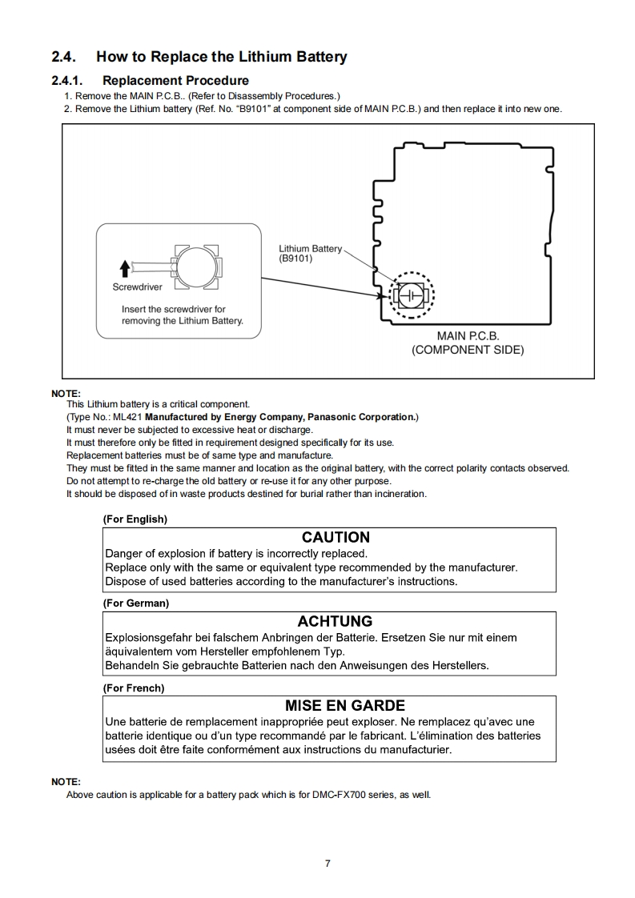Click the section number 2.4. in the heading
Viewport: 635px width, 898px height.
[65, 57]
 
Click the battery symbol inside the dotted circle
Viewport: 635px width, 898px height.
[412, 295]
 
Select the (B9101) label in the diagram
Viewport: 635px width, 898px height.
[295, 259]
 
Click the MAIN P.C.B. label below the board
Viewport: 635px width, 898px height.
[468, 336]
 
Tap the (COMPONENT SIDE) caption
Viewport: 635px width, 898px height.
[468, 350]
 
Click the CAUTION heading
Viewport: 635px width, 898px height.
[336, 537]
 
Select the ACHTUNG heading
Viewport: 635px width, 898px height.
[335, 621]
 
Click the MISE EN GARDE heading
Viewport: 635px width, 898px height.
[345, 706]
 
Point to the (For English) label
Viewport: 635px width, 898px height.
[135, 519]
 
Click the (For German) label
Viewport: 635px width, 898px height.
[135, 603]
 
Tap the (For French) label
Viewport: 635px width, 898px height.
[134, 688]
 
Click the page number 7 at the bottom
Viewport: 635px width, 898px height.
[328, 863]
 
